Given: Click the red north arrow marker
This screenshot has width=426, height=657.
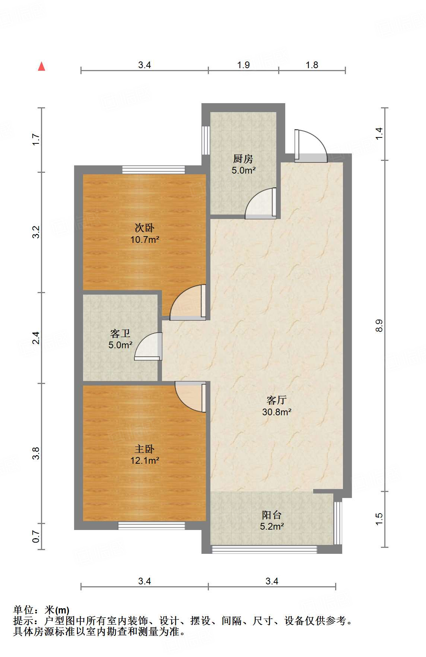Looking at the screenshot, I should tap(42, 67).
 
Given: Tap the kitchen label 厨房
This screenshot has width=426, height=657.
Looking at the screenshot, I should tap(243, 159).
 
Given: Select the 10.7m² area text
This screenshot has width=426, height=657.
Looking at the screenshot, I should tap(144, 239).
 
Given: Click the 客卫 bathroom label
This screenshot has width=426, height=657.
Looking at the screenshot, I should tap(120, 333).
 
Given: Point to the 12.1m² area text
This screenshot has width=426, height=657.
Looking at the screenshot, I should tap(144, 461).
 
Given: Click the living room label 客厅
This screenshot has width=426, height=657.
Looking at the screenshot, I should tap(277, 400).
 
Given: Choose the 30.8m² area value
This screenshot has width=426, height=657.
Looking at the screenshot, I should tap(277, 412).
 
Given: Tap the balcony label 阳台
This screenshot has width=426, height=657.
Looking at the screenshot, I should tap(272, 515).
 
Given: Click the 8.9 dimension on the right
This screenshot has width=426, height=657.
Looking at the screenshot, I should tap(379, 326).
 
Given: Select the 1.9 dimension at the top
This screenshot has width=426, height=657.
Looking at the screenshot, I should tap(244, 65).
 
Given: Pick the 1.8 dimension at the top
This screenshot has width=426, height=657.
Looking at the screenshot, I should tap(312, 65).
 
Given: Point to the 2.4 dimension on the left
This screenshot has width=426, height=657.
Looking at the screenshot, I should tap(36, 338).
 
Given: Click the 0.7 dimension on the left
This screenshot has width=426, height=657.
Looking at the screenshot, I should tap(36, 536).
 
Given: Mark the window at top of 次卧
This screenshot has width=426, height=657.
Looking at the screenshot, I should tap(153, 170).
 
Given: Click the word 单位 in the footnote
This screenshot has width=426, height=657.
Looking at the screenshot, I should tap(23, 610).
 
